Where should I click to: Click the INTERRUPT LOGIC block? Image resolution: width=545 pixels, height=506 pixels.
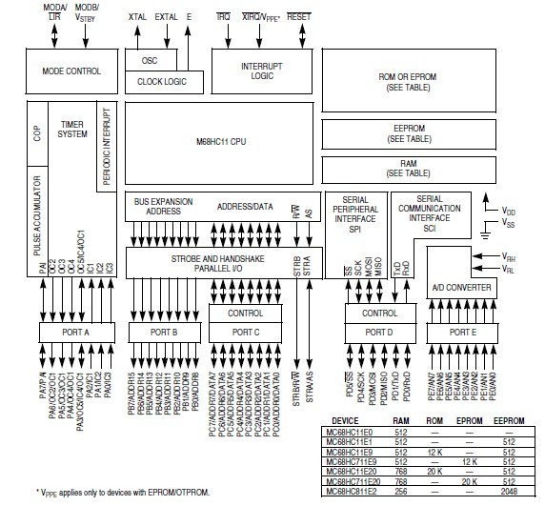point(257,71)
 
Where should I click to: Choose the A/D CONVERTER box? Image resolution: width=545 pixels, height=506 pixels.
point(461,287)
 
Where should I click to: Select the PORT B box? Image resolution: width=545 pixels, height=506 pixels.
point(163,332)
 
